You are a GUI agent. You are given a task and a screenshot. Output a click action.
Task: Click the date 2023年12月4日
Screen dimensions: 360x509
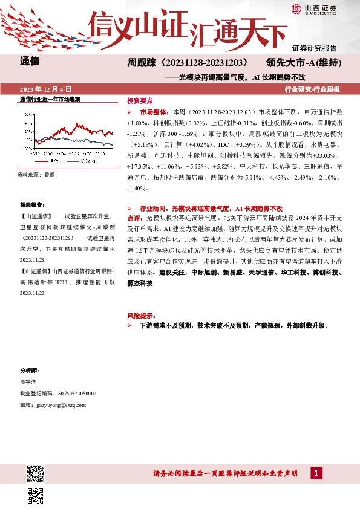pyautogui.click(x=46, y=89)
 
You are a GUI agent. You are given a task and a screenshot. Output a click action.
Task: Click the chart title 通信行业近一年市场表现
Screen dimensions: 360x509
pyautogui.click(x=50, y=99)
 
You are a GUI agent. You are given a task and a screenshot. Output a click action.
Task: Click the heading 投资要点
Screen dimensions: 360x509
pyautogui.click(x=140, y=101)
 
